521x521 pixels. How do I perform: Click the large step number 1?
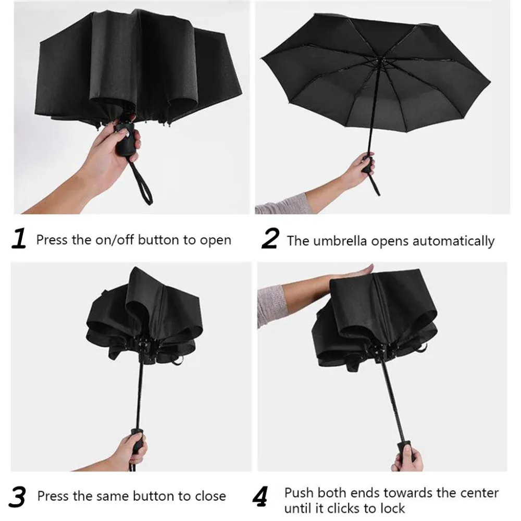19,239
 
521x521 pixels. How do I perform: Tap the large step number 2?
270,239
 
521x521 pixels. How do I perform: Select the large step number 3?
18,497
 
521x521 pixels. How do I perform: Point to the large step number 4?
260,497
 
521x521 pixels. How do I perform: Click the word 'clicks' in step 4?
346,507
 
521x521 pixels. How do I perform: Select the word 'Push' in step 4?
300,492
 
